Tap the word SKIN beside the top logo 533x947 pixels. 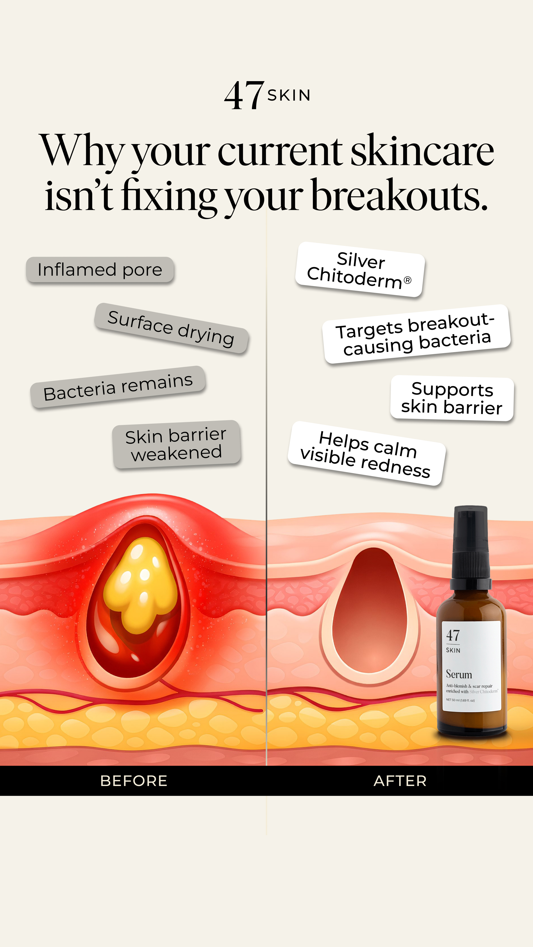pos(289,95)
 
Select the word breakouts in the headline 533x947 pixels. pos(400,195)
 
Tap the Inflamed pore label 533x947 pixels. pos(100,270)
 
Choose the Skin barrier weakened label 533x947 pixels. pos(177,444)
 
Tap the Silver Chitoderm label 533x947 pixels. pos(360,270)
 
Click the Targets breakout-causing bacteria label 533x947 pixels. pos(416,334)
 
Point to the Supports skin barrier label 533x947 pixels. pos(452,398)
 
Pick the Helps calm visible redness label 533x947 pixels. pos(367,453)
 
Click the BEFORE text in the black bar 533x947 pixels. pos(134,781)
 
